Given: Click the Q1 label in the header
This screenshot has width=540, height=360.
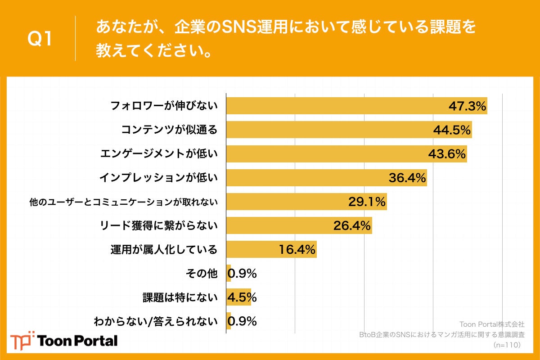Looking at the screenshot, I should click(40, 40).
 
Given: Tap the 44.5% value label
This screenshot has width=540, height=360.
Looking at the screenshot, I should click(452, 130).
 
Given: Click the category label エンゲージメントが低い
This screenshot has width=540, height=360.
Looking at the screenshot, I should click(158, 154).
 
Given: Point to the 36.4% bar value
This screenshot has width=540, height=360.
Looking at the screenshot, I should click(407, 178).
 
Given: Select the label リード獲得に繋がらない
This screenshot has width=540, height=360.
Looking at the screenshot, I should click(158, 225).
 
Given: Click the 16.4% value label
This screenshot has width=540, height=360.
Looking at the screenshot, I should click(297, 249).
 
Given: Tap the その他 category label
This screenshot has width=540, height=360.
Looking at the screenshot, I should click(201, 273).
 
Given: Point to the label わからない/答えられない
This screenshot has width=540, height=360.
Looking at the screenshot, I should click(155, 321).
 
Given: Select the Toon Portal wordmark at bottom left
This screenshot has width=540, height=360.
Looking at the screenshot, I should click(78, 341).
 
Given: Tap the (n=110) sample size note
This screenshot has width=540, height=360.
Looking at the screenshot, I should click(507, 345).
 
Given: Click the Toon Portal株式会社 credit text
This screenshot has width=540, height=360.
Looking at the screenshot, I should click(491, 324).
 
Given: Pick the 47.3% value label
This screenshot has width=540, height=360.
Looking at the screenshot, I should click(468, 106).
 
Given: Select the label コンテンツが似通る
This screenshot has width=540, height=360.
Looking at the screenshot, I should click(169, 130).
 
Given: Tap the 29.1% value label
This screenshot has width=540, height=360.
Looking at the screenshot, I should click(367, 202).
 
